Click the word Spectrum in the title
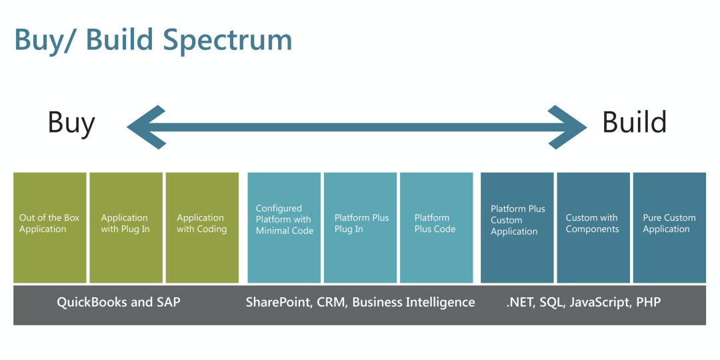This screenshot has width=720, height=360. (x=227, y=40)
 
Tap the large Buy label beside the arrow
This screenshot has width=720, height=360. (x=71, y=123)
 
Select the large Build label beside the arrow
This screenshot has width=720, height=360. (x=634, y=123)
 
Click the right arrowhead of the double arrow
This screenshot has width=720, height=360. (x=567, y=127)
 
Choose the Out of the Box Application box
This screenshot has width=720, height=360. (x=50, y=227)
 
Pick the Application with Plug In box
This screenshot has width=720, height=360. (x=126, y=227)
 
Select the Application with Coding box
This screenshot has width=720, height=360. (x=202, y=227)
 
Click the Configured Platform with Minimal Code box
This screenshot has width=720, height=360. (x=284, y=227)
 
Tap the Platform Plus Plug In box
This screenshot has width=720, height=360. (x=360, y=227)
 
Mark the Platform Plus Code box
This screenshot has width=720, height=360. (x=436, y=227)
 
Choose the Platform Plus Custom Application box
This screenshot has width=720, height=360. (x=517, y=227)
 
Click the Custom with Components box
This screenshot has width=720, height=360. (x=593, y=227)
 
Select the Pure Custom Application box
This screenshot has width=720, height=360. (x=669, y=227)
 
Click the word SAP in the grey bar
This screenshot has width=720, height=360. (x=168, y=302)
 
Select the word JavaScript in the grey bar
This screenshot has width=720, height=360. (x=597, y=302)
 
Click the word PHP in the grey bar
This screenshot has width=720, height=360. (x=649, y=302)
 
